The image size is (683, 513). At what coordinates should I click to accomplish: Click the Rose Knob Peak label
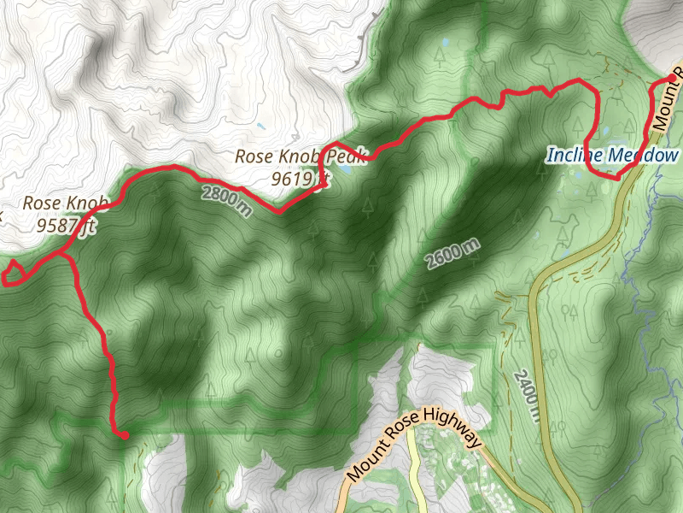301,156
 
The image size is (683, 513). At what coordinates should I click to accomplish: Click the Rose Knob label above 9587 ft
66,203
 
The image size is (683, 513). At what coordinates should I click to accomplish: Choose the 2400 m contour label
527,395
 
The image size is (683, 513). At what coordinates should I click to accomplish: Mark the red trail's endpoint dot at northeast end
673,78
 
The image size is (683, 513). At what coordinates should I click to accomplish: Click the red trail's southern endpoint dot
125,435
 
